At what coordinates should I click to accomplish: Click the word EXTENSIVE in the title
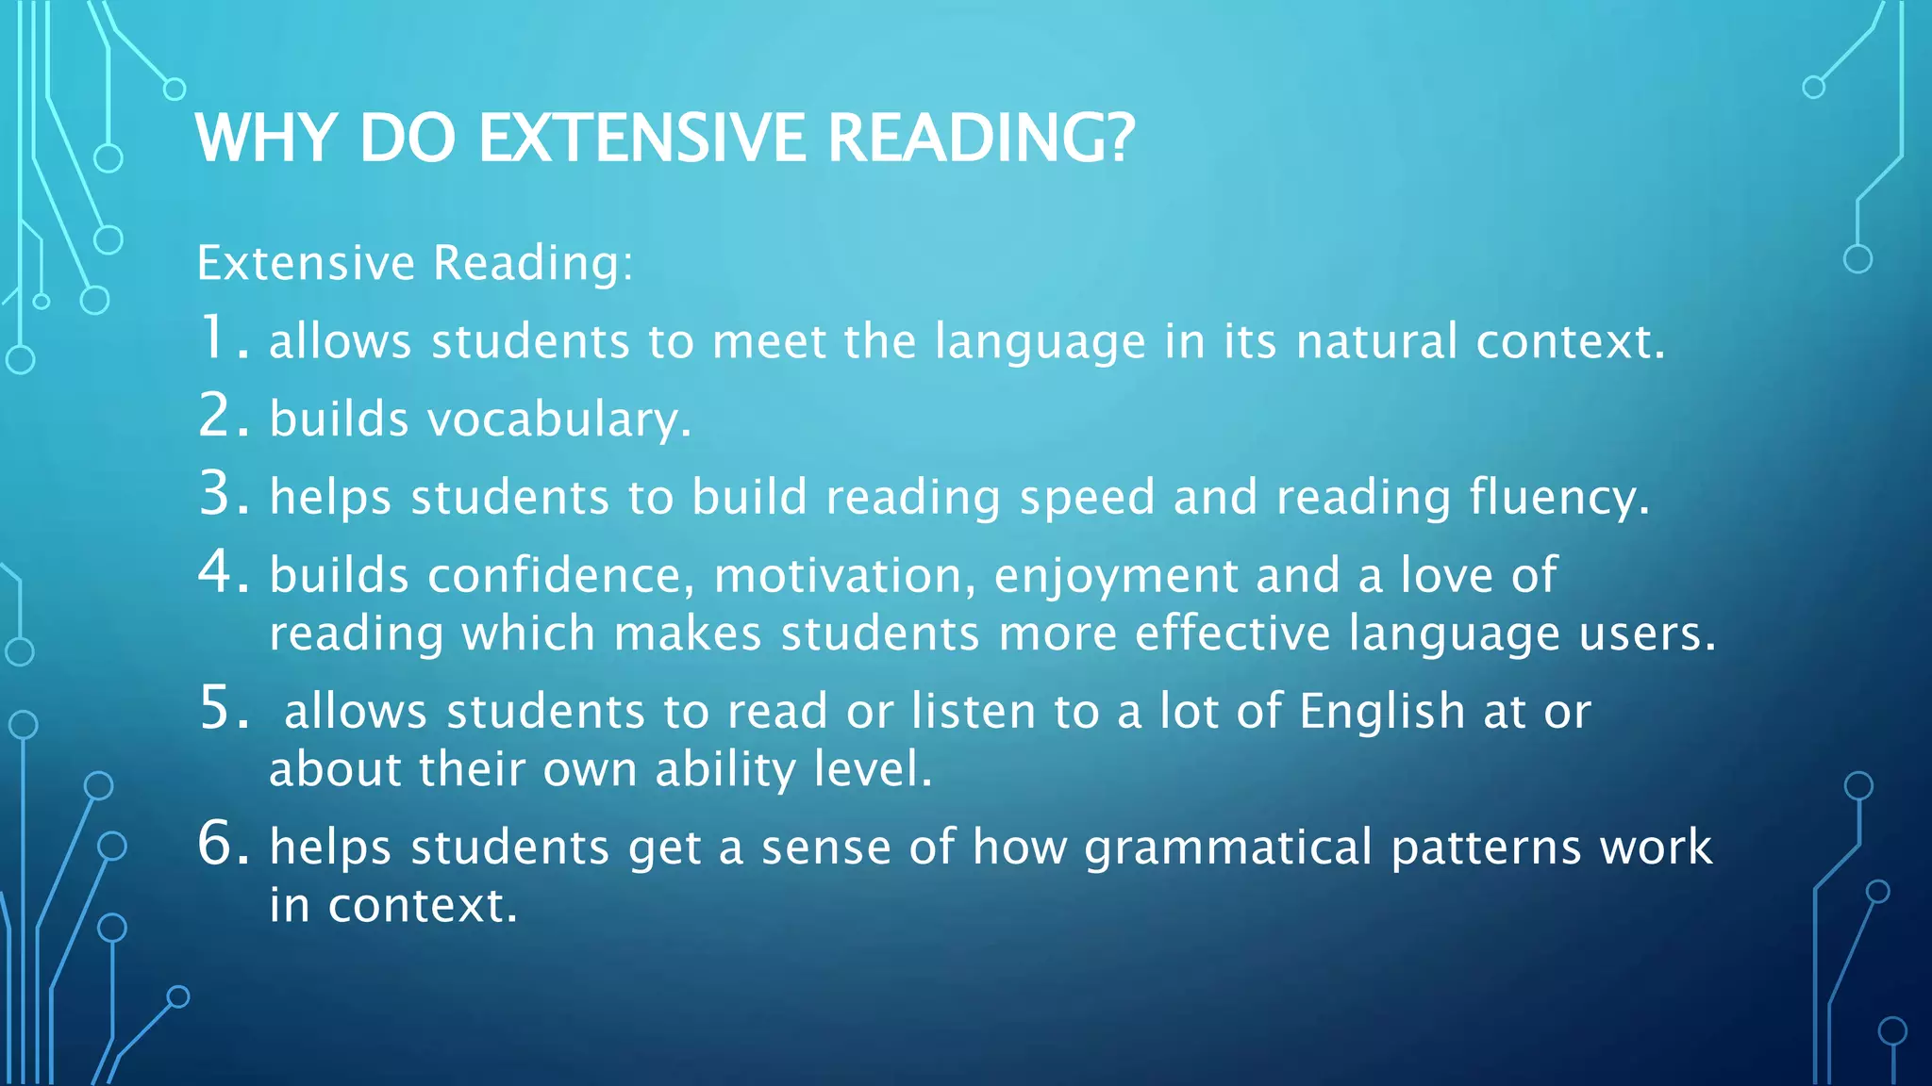click(x=641, y=139)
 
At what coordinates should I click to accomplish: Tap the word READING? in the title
click(x=981, y=139)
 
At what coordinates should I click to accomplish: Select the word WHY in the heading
click(x=265, y=139)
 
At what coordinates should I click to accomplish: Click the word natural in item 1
click(x=1376, y=341)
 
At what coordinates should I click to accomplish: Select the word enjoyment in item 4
click(x=1116, y=577)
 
